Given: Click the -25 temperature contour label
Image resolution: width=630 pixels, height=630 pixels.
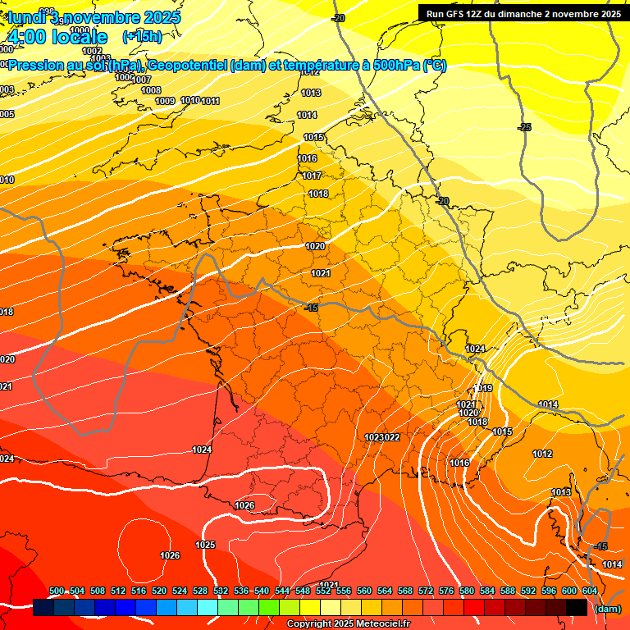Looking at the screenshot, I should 525,127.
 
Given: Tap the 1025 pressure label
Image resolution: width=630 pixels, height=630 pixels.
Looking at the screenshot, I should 205,545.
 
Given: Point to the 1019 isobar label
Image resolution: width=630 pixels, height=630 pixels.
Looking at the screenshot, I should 482,388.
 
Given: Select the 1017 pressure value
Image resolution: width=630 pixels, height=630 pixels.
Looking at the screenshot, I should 311,176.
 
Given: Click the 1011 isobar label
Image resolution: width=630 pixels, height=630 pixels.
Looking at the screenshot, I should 210,101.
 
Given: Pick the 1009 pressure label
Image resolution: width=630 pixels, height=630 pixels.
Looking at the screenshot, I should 165,101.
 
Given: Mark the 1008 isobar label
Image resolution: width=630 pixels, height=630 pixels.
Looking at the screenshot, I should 151,90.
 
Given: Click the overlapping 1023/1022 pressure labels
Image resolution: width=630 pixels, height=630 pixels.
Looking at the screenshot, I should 381,437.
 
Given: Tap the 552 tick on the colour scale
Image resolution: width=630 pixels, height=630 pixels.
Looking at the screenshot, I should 323,591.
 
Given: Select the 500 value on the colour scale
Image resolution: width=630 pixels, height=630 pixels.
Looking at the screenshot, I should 57,591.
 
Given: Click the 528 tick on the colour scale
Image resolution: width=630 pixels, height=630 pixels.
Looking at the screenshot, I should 200,591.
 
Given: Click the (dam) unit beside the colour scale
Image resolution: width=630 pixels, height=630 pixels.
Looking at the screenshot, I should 607,609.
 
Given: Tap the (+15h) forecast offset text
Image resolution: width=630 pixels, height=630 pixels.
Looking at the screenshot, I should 142,37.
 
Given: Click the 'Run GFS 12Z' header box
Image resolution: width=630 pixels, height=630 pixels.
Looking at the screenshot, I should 523,14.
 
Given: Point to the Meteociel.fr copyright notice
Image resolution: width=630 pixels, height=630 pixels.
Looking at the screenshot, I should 348,624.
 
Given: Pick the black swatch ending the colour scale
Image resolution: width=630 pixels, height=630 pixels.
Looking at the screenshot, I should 576,607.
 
